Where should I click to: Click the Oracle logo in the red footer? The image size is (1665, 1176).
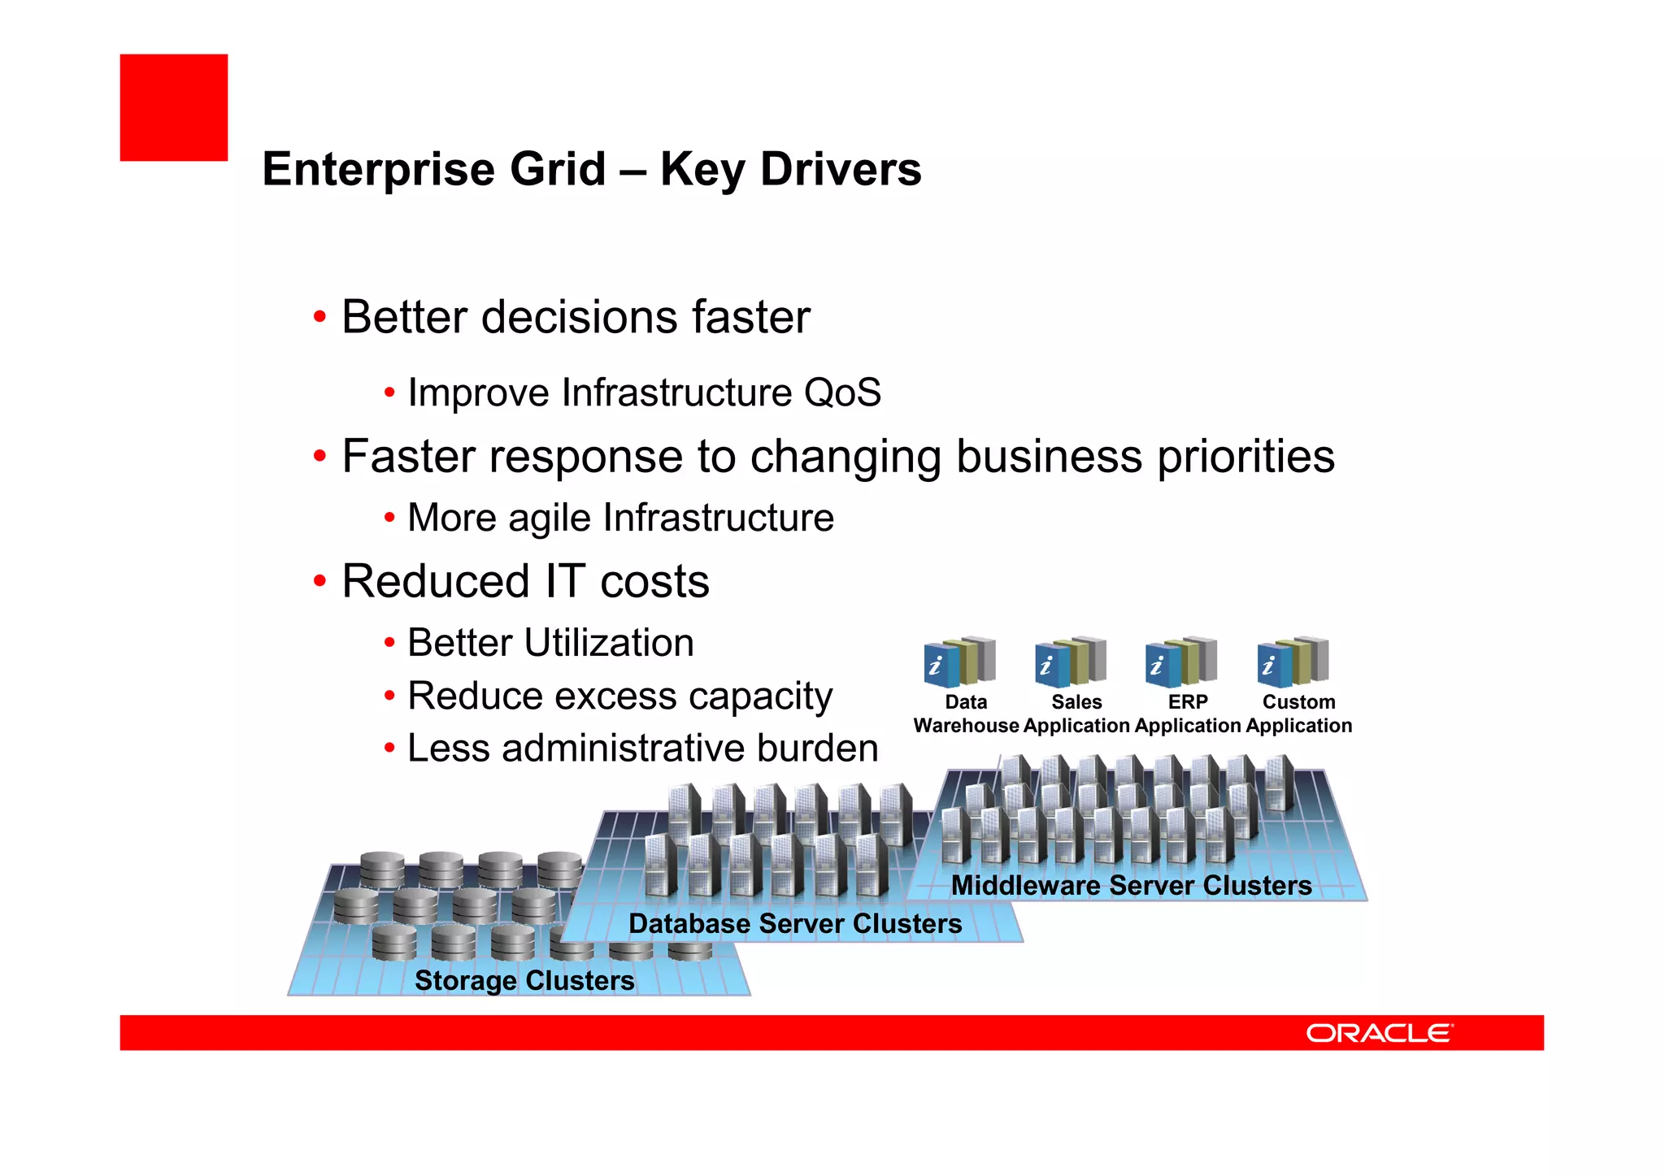[1379, 1033]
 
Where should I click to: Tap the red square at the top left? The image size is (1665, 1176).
[173, 107]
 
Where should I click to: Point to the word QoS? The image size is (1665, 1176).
[842, 393]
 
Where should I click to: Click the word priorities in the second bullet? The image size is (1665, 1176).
[1245, 457]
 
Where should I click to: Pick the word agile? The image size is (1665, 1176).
[550, 519]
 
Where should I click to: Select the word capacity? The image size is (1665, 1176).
[761, 696]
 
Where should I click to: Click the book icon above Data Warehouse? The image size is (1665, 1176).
[959, 661]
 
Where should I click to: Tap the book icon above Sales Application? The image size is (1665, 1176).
[1070, 661]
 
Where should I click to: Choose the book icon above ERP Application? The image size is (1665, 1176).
[1180, 661]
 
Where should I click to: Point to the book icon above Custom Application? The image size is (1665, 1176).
[1292, 661]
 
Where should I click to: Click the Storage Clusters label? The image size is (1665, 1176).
[524, 980]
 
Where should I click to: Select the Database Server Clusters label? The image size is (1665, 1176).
[795, 924]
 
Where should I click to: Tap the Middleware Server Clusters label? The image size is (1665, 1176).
[1132, 885]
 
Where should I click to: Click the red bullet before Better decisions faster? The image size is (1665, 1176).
[320, 316]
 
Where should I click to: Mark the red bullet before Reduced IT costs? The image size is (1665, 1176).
[320, 581]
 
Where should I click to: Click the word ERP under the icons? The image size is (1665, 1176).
[1188, 701]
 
